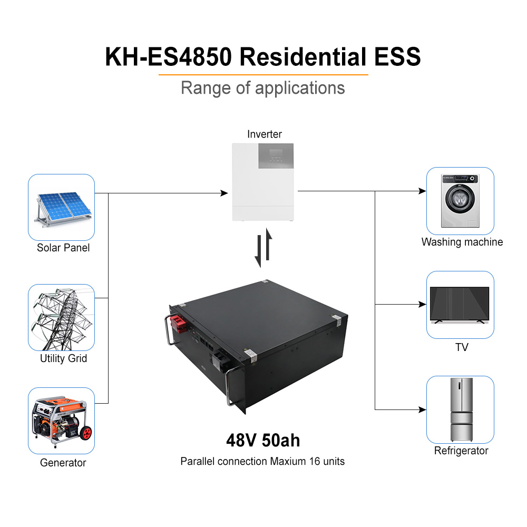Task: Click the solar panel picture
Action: click(61, 209)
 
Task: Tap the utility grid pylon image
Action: click(61, 317)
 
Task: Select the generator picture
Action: click(61, 421)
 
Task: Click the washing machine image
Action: click(460, 201)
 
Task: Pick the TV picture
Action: click(460, 305)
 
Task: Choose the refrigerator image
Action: click(460, 409)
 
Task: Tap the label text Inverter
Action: click(265, 134)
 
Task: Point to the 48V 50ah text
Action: click(263, 440)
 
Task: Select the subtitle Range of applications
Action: click(262, 87)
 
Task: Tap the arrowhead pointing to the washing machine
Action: click(422, 191)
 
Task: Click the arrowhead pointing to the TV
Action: click(422, 305)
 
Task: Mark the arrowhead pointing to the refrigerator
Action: click(422, 409)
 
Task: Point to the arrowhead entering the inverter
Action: click(225, 193)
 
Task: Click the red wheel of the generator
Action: click(85, 435)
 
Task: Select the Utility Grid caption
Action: click(63, 359)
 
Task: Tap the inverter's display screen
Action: click(274, 156)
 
